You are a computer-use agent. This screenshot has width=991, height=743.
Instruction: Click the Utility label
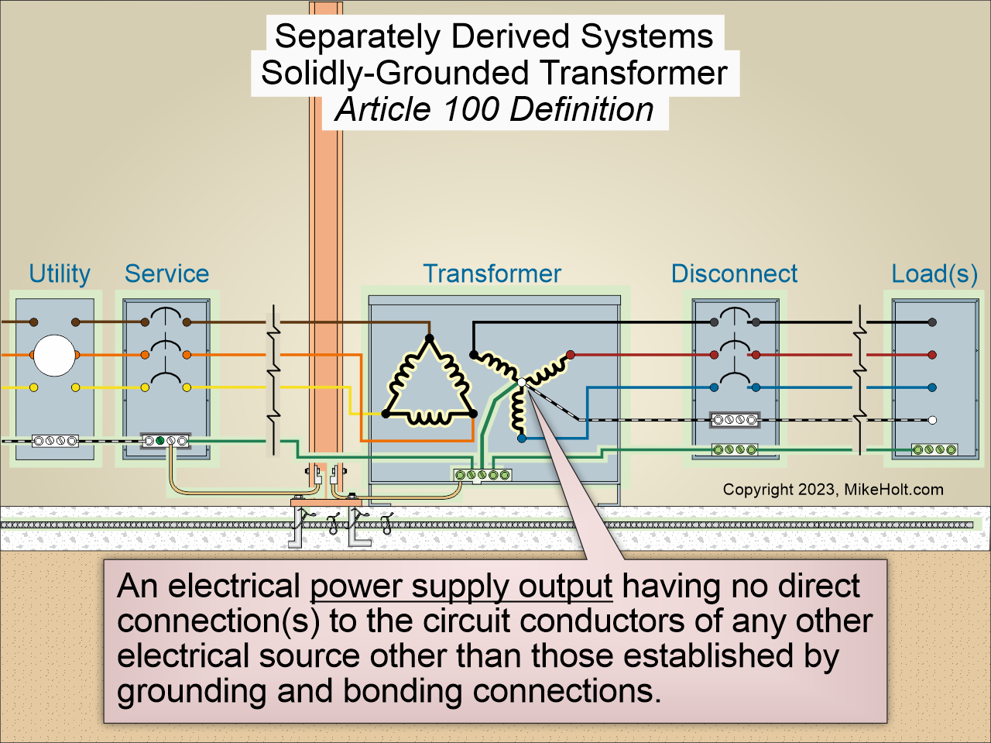(x=59, y=273)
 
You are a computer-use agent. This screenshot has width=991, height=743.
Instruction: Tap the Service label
(x=166, y=273)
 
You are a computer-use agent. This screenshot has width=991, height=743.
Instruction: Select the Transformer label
(x=492, y=273)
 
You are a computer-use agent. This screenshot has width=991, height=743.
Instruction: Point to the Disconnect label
(x=734, y=273)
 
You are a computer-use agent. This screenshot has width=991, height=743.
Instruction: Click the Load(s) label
(x=934, y=273)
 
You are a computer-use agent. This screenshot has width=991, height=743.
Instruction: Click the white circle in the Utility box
(x=54, y=356)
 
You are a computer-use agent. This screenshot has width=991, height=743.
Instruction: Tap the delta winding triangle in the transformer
(x=430, y=384)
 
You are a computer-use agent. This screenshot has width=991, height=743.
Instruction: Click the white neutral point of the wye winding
(x=522, y=383)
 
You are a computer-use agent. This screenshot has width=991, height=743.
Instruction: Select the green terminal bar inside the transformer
(x=482, y=474)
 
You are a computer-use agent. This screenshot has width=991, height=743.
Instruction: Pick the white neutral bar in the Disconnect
(x=734, y=420)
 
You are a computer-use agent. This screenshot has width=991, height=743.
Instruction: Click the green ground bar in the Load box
(x=934, y=449)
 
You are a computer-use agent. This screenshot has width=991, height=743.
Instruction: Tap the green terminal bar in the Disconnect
(x=734, y=449)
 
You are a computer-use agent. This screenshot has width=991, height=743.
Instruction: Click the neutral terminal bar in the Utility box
(x=55, y=441)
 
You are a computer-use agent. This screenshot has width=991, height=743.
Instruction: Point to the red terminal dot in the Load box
(x=932, y=355)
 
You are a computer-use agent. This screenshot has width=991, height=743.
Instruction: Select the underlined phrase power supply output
(x=461, y=586)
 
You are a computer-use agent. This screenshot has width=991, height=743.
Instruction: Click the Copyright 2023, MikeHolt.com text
(x=833, y=490)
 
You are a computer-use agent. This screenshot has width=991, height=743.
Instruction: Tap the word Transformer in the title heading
(x=633, y=73)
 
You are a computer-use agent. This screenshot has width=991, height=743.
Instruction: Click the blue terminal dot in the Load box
(x=932, y=387)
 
